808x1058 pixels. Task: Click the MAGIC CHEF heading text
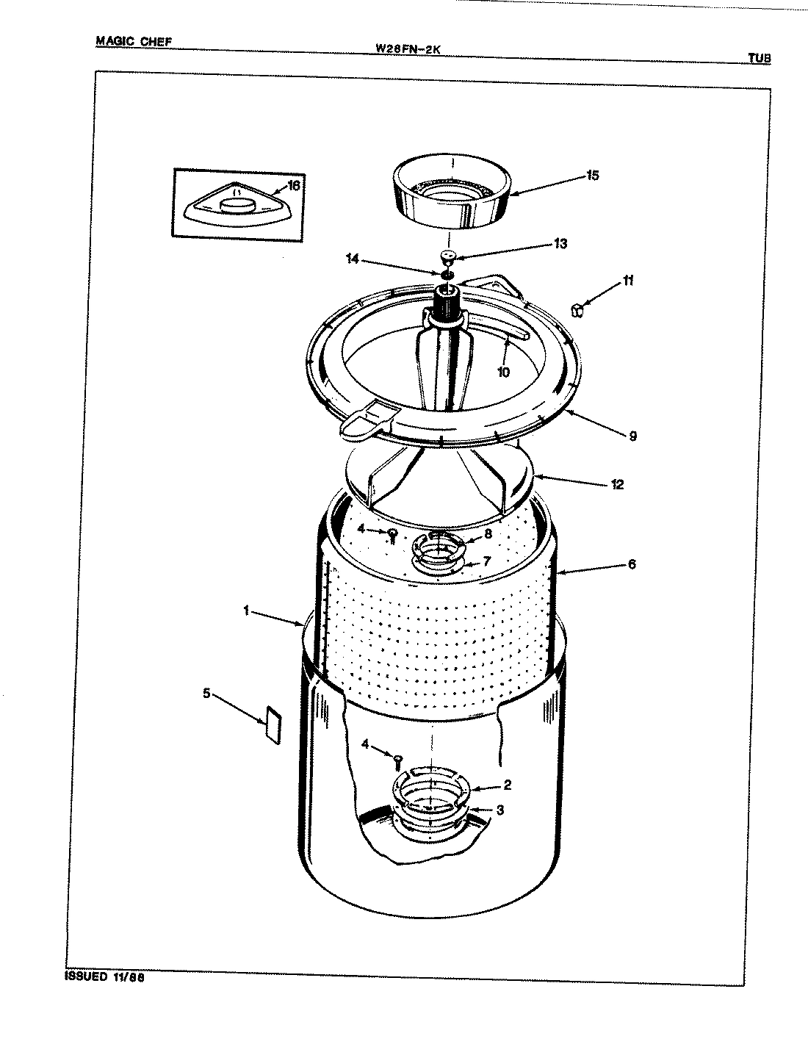(x=133, y=41)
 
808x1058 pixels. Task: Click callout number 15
(x=592, y=175)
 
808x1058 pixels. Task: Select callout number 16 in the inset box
(x=293, y=185)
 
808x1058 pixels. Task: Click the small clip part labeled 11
(x=578, y=310)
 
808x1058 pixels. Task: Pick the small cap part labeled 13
(x=447, y=256)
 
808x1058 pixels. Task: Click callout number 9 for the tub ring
(x=632, y=436)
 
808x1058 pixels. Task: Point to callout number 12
(x=616, y=484)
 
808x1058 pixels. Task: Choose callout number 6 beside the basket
(x=632, y=564)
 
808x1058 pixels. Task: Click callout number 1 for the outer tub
(x=248, y=610)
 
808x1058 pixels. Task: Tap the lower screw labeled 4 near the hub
(x=398, y=759)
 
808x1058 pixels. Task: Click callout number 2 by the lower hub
(x=507, y=785)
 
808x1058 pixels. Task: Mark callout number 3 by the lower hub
(x=499, y=810)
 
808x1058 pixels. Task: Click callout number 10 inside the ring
(x=503, y=372)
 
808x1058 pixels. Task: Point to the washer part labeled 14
(x=448, y=275)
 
